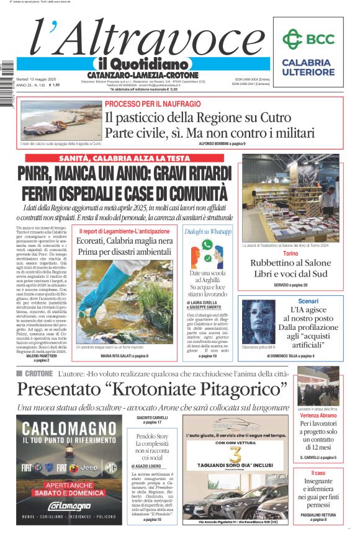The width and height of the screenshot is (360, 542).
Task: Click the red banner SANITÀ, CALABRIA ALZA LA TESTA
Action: (x=125, y=159)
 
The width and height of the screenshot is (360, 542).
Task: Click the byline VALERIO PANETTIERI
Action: (x=41, y=356)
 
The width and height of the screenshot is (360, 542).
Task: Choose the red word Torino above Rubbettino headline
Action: (x=290, y=254)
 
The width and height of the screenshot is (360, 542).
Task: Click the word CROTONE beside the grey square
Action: (x=38, y=374)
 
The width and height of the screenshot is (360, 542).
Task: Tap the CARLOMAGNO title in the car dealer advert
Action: (x=69, y=428)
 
